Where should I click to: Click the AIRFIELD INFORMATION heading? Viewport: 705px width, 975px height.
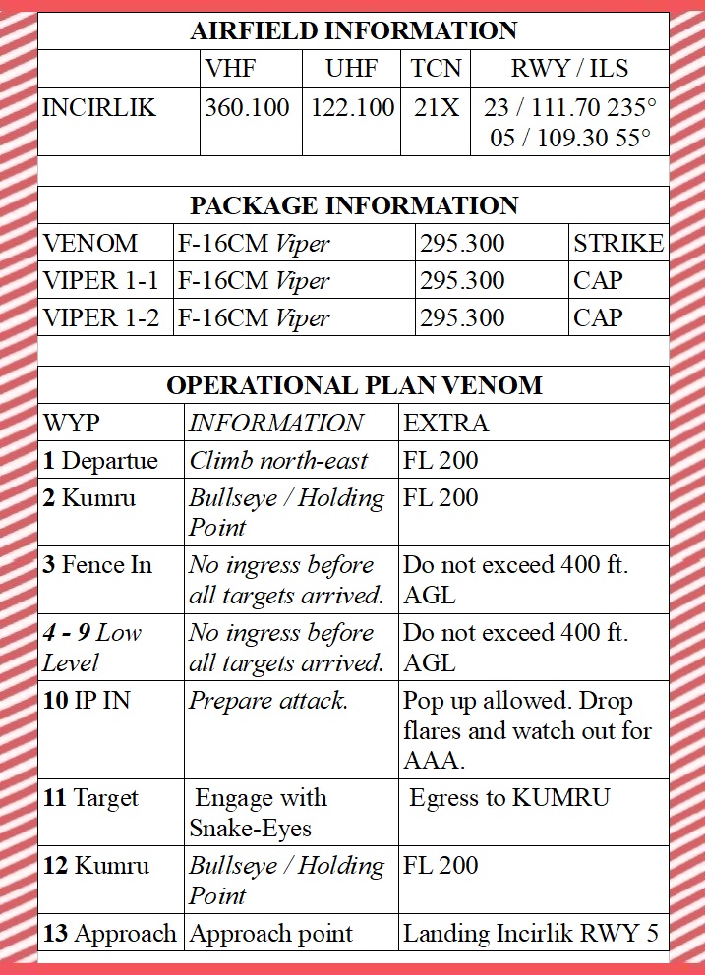[353, 30]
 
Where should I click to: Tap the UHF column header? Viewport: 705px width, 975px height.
[352, 69]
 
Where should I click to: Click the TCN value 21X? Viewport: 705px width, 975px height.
[436, 107]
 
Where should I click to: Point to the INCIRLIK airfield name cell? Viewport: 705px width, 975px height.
[99, 107]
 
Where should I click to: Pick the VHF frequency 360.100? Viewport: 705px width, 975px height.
[251, 107]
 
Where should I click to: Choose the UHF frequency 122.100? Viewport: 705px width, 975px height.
[353, 107]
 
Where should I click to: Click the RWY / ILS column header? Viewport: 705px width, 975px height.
[569, 69]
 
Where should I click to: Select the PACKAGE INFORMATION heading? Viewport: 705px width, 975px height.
[353, 205]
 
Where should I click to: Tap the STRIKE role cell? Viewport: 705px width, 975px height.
[618, 243]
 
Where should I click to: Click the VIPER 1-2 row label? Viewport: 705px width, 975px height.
[101, 317]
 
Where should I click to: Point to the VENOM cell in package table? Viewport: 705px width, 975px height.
[91, 243]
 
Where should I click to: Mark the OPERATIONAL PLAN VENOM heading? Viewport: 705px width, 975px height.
[353, 385]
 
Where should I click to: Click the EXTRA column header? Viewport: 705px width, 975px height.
[445, 424]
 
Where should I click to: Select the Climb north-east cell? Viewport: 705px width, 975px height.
[279, 460]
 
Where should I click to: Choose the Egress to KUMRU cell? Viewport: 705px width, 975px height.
[509, 797]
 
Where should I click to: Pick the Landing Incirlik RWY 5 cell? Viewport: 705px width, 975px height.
[531, 933]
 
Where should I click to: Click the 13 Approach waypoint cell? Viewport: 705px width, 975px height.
[110, 933]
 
